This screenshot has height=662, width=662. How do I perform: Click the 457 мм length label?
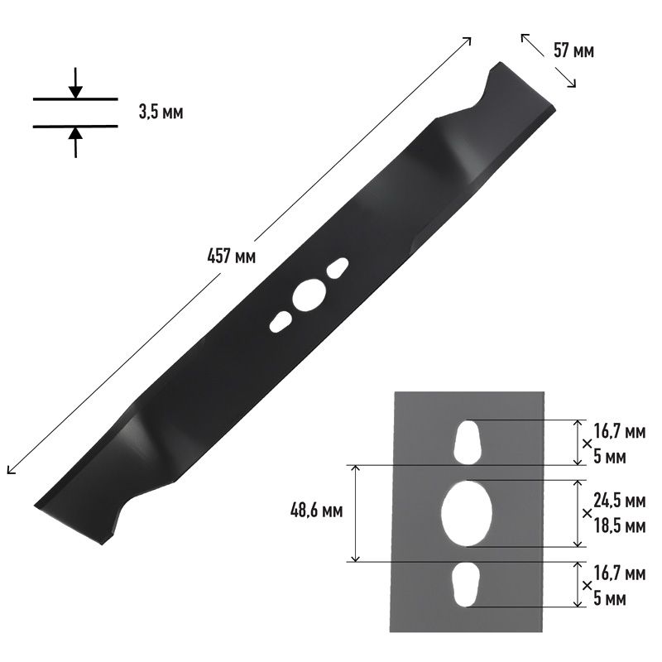coord(232,256)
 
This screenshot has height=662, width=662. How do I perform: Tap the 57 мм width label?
coord(573,50)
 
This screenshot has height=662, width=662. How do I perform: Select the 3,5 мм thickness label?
coord(161,113)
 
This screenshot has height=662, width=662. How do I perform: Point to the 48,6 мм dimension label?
coord(317,511)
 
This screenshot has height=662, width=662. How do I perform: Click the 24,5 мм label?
coord(620,501)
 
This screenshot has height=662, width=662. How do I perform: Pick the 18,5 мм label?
coord(620,526)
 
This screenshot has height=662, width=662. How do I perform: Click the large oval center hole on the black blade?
coord(309,295)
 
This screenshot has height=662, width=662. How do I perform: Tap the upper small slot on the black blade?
coord(338,268)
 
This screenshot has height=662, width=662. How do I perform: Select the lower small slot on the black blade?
coord(280,322)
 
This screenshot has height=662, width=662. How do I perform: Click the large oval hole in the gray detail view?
coord(467,513)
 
